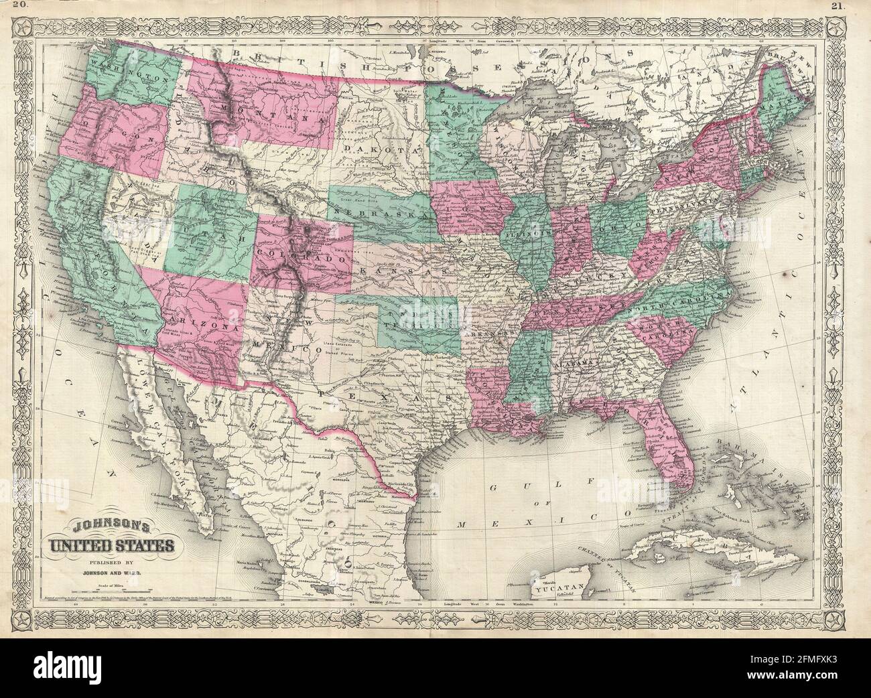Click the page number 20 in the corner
click(21, 7)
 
